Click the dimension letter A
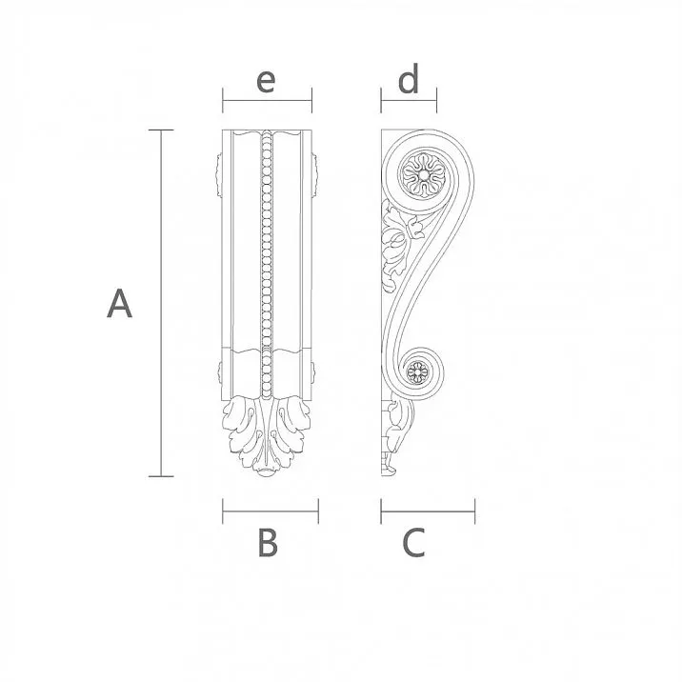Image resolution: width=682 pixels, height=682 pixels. [x=119, y=304]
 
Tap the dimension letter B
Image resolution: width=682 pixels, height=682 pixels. [x=268, y=543]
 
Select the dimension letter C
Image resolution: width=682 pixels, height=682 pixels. [x=413, y=543]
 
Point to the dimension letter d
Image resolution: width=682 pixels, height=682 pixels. [x=409, y=81]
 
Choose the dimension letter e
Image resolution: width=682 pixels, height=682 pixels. [x=266, y=80]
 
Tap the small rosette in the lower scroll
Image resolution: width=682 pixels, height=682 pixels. [x=416, y=372]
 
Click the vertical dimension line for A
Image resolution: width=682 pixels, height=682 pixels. [x=161, y=303]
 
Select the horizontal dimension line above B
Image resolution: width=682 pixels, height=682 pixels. [x=271, y=511]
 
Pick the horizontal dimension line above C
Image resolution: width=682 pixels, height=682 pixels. [x=428, y=511]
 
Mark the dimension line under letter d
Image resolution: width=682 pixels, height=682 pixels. [x=409, y=99]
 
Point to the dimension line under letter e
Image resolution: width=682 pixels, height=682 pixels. [x=267, y=99]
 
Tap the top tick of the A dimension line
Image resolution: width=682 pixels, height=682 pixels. [x=161, y=130]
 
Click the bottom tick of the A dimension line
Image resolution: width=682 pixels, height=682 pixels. [x=161, y=475]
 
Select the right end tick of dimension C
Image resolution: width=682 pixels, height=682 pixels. [x=474, y=511]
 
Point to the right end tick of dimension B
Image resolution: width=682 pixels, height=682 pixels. [x=318, y=511]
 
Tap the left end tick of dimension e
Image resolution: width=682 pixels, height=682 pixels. [x=223, y=99]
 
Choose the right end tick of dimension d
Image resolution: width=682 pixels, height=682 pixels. [x=436, y=99]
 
